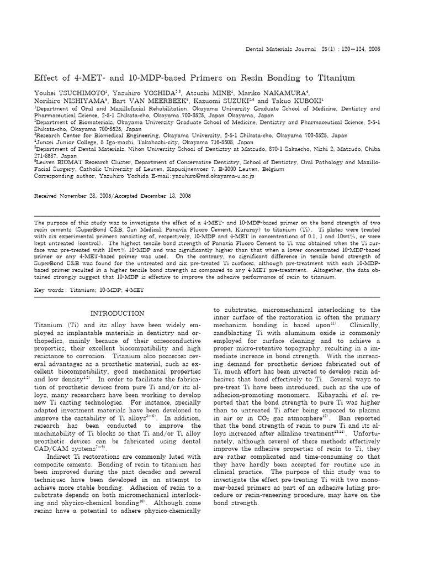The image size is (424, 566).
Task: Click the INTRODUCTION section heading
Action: coord(117,313)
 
